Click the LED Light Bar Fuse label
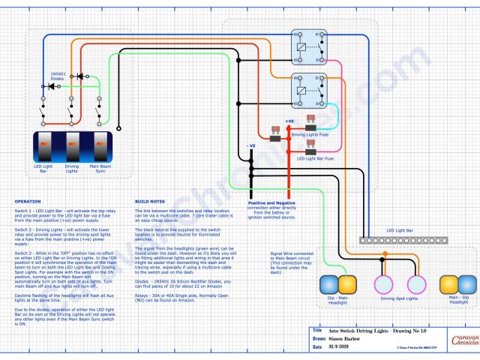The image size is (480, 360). [x=316, y=158]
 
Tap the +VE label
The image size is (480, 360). [x=289, y=119]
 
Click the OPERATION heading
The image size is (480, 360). [x=28, y=202]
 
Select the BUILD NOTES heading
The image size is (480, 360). [x=150, y=202]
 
